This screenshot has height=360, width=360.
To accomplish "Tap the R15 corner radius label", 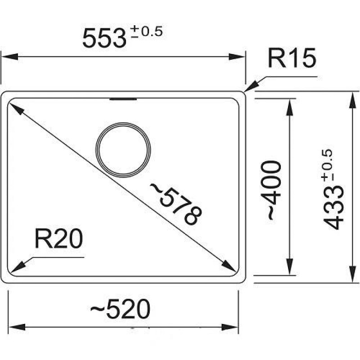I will [292, 59].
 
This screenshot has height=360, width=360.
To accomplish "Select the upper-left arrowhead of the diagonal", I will [14, 108].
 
